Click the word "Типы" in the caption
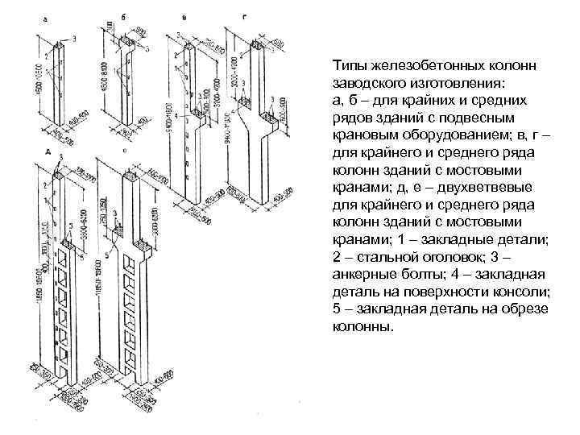(348, 66)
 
